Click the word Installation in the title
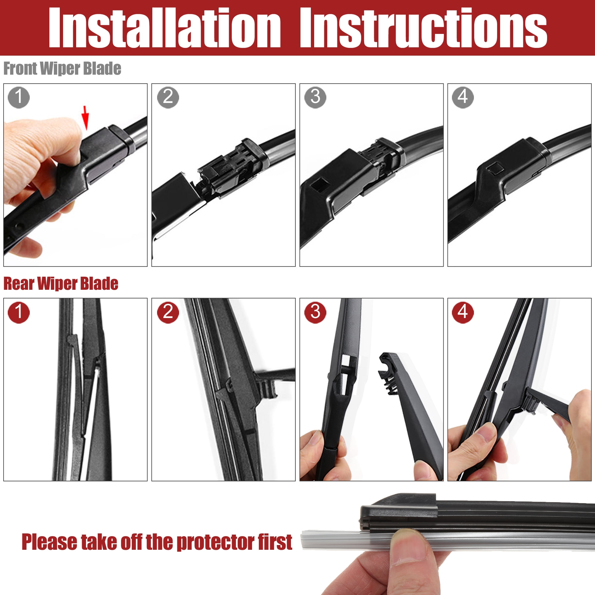point(165,28)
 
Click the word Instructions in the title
point(423,28)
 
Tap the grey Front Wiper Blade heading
point(62,68)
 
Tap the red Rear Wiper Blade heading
point(61,284)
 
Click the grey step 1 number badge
point(19,97)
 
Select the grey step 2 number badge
point(168,97)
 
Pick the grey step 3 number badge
point(315,97)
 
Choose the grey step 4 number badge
point(463,97)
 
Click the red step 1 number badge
point(19,312)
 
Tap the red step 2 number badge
point(168,312)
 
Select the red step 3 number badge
point(315,312)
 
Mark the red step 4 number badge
point(463,312)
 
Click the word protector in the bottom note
point(216,542)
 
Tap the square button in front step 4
point(495,169)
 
